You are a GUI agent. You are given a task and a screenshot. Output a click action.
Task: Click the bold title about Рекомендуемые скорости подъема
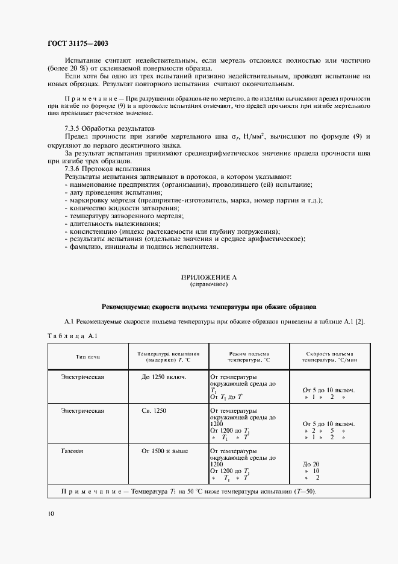[x=209, y=306]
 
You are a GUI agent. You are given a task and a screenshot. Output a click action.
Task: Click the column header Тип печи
[x=87, y=357]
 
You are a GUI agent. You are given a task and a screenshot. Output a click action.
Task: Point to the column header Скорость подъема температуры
[x=329, y=357]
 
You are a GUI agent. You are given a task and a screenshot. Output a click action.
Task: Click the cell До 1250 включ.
[x=164, y=377]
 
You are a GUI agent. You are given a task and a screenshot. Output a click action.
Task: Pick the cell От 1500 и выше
[x=164, y=450]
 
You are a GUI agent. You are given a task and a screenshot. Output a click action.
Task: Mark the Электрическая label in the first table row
[x=82, y=377]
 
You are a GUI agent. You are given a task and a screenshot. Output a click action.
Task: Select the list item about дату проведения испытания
[x=104, y=192]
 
